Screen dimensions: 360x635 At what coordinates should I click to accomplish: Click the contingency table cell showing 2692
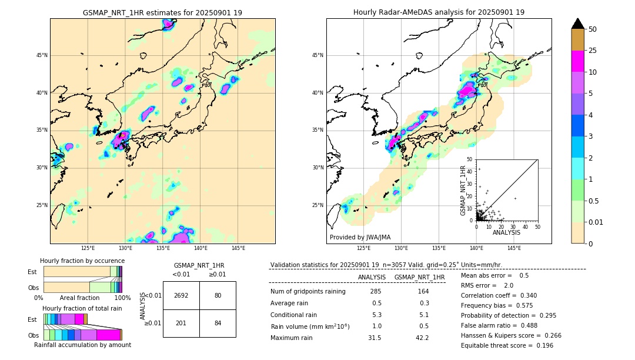pyautogui.click(x=181, y=295)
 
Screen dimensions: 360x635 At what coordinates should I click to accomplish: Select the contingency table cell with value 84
pyautogui.click(x=218, y=323)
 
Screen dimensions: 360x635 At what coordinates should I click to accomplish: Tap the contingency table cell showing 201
pyautogui.click(x=181, y=323)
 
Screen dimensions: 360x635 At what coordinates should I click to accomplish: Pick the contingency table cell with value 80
pyautogui.click(x=218, y=295)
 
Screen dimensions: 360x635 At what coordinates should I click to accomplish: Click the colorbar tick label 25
pyautogui.click(x=593, y=51)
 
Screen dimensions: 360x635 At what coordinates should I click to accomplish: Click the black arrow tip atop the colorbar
pyautogui.click(x=578, y=22)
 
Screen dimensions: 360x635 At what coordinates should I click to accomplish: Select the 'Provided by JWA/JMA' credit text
pyautogui.click(x=360, y=238)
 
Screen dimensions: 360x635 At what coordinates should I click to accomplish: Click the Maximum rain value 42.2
pyautogui.click(x=422, y=338)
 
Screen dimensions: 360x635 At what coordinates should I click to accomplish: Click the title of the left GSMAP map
pyautogui.click(x=162, y=12)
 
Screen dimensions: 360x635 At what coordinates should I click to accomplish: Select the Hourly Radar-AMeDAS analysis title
pyautogui.click(x=439, y=12)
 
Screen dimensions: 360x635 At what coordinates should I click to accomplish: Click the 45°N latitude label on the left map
pyautogui.click(x=42, y=55)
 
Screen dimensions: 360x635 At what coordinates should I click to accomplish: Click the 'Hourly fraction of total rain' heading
pyautogui.click(x=82, y=308)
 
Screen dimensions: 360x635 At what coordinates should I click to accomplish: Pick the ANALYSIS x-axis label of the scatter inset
pyautogui.click(x=506, y=232)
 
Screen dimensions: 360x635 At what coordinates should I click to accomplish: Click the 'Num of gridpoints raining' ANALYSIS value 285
pyautogui.click(x=376, y=291)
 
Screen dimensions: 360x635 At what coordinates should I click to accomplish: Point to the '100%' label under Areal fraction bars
pyautogui.click(x=122, y=298)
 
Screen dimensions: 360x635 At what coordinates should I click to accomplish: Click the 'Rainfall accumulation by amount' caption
pyautogui.click(x=82, y=345)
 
